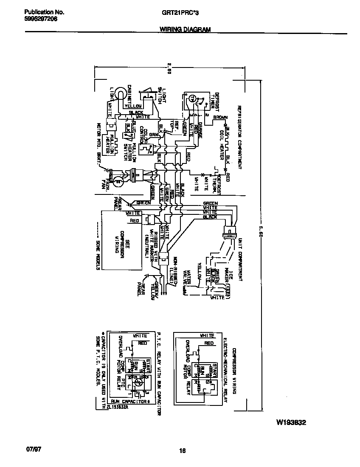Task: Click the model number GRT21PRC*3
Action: click(180, 13)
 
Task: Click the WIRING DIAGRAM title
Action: click(185, 29)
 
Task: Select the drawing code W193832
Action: click(291, 423)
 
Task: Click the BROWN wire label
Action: click(220, 117)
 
